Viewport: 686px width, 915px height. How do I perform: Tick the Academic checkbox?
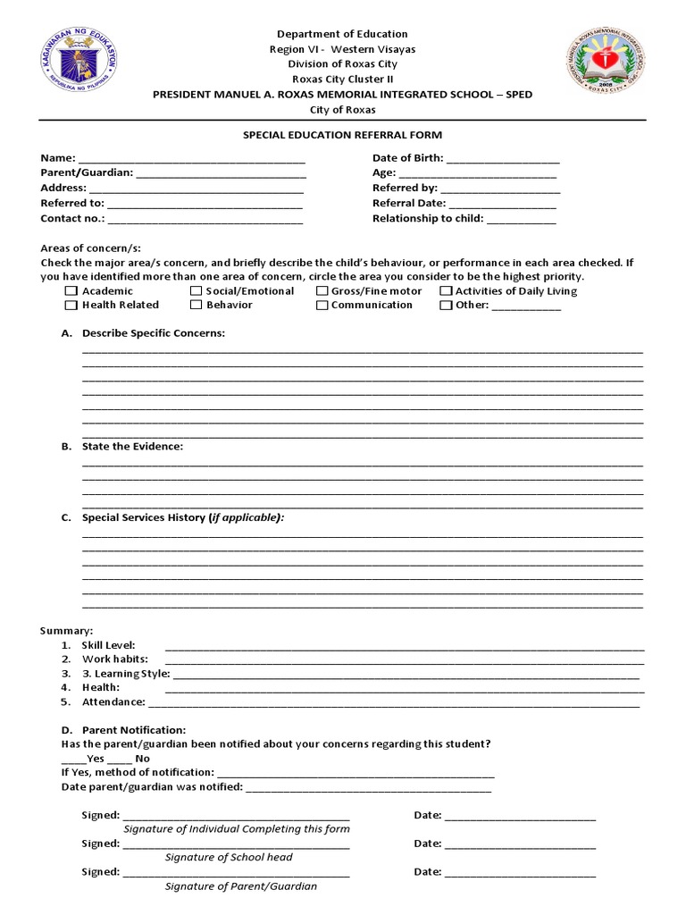(71, 291)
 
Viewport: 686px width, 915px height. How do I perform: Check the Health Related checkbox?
(71, 306)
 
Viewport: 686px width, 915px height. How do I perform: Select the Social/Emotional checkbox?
(196, 291)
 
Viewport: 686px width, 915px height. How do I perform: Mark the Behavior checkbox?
(196, 306)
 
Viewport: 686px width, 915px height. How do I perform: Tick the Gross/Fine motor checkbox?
(322, 291)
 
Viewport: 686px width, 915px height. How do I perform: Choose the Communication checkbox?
(322, 306)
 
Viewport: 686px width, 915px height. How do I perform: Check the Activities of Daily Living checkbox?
(446, 291)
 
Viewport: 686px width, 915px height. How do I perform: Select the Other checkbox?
(446, 306)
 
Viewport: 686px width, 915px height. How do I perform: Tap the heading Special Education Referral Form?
(343, 135)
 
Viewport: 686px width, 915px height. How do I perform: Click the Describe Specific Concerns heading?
(154, 333)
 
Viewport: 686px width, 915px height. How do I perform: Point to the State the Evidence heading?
(132, 447)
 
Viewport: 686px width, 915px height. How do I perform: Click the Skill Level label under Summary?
(108, 645)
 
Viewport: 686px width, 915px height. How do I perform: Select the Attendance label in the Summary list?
(113, 702)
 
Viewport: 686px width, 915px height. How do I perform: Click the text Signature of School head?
(229, 858)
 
